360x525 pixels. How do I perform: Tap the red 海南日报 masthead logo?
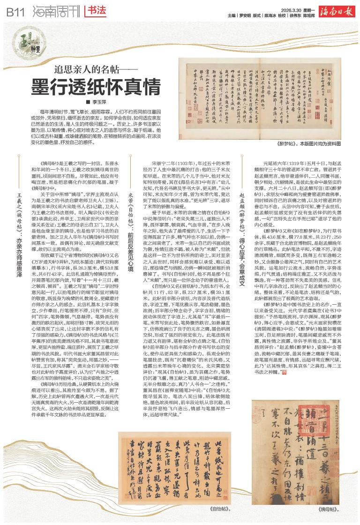(x=336, y=10)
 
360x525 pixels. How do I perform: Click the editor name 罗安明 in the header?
(x=247, y=15)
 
